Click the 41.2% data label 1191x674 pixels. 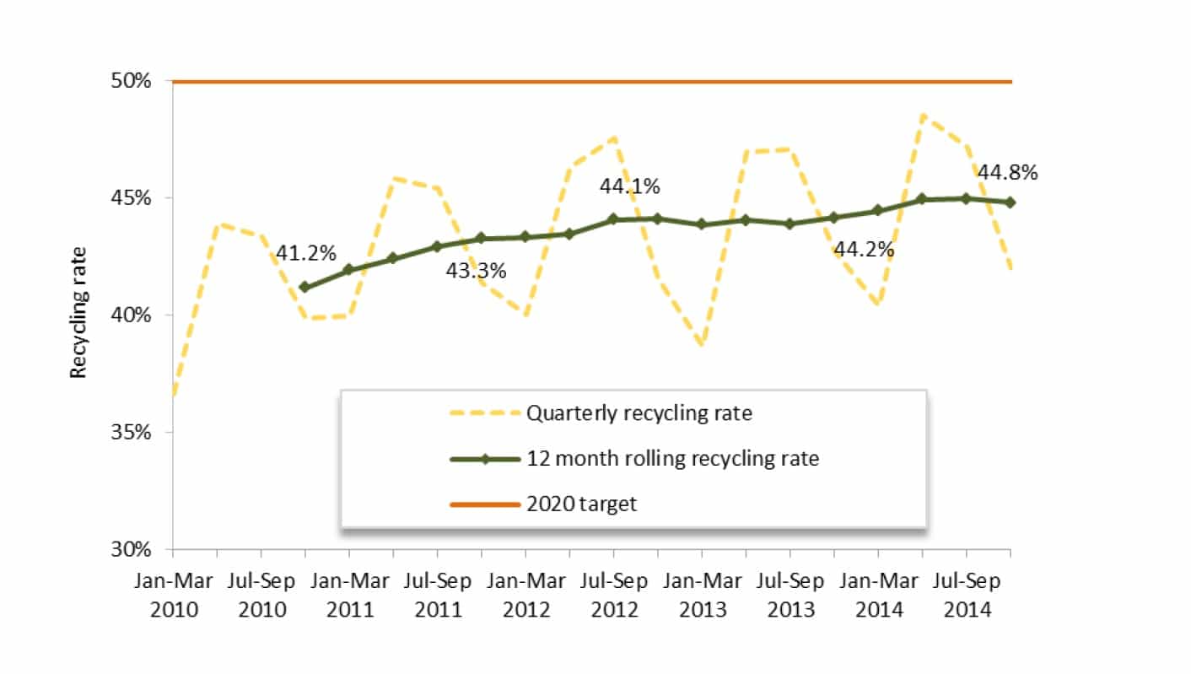coord(305,253)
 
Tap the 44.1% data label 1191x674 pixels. coord(629,186)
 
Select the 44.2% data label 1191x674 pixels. coord(864,250)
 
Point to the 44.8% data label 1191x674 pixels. coord(1007,173)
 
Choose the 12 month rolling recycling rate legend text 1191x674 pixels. coord(673,459)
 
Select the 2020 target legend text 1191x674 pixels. coord(582,504)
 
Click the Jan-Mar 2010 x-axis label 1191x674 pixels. coord(173,595)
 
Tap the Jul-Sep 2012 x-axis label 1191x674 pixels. coord(614,595)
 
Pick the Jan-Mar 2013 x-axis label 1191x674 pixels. coord(702,595)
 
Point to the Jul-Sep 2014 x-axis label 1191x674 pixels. coord(967,595)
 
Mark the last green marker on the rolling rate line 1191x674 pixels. coord(1010,202)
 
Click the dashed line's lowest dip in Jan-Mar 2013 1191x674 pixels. coord(702,344)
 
